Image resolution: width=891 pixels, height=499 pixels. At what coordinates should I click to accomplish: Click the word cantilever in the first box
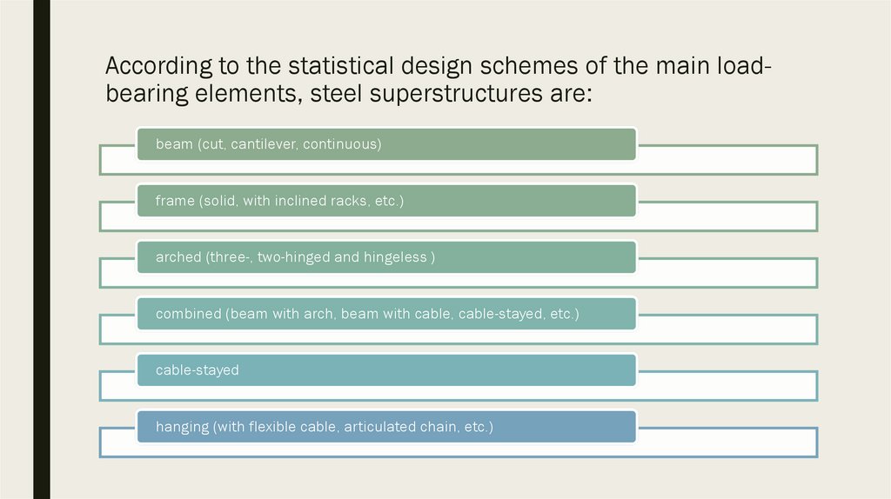263,144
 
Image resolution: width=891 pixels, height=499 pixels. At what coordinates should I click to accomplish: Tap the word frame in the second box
175,201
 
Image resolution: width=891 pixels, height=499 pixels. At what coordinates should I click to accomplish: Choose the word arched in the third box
178,257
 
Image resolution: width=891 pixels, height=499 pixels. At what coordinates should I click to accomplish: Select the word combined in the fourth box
188,314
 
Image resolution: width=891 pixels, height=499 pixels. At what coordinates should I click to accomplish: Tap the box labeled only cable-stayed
386,370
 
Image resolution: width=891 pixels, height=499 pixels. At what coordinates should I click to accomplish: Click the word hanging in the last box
182,427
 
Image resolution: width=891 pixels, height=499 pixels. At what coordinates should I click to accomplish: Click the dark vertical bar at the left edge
41,249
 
